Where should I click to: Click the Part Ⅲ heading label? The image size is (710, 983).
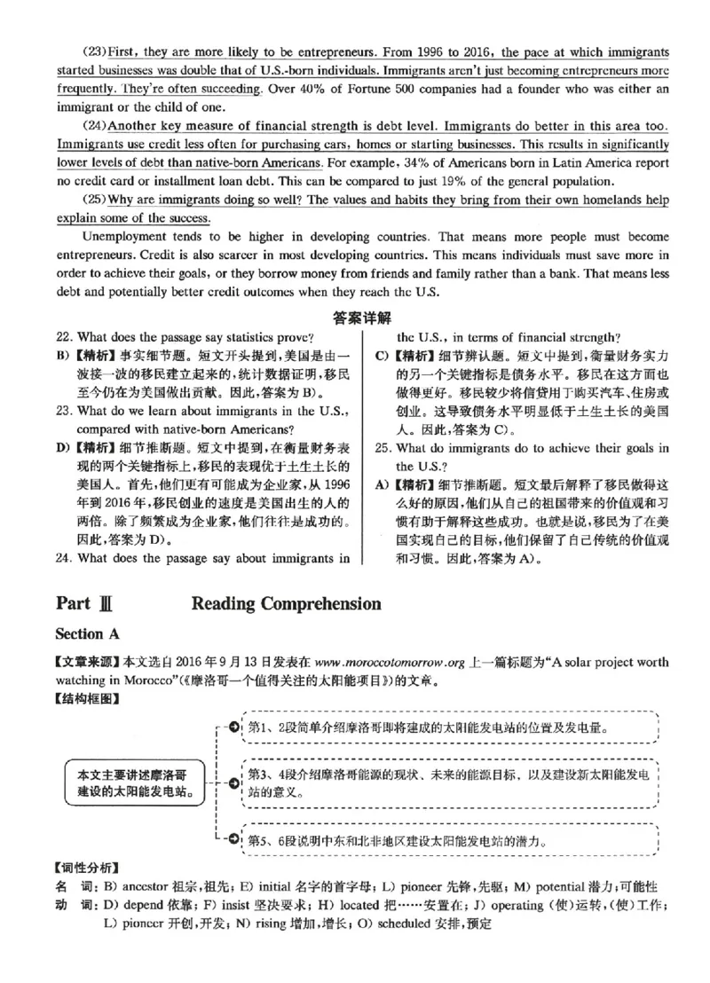point(86,604)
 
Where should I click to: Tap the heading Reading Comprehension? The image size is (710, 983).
point(286,604)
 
